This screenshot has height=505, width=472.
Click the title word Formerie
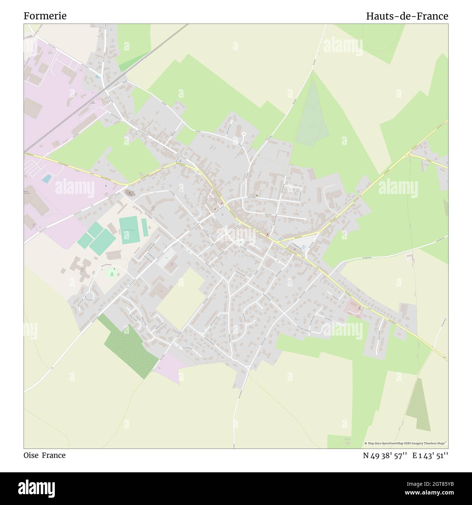coord(45,16)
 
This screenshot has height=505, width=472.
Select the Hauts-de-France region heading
coord(407,16)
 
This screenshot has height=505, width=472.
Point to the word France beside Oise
coord(54,455)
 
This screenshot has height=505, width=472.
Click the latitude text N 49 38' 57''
coord(385,455)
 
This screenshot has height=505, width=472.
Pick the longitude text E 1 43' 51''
coord(430,455)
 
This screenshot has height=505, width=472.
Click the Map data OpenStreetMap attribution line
coord(406,443)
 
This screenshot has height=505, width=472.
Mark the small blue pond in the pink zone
coord(46,178)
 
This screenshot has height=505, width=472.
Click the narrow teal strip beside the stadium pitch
coord(145,227)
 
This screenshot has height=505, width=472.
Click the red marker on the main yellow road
coord(268,234)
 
